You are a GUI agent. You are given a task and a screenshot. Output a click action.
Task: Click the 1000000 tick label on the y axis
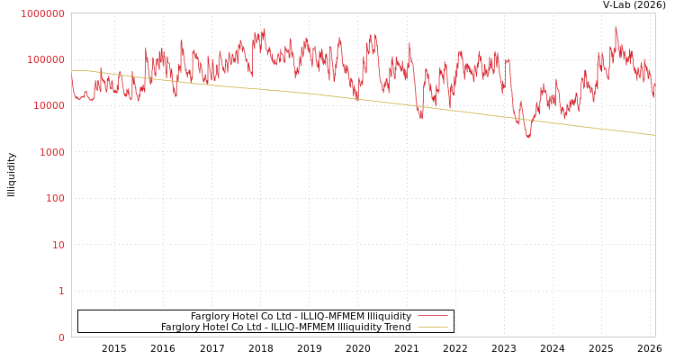(x=43, y=13)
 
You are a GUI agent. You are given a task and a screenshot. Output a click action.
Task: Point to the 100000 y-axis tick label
(x=46, y=59)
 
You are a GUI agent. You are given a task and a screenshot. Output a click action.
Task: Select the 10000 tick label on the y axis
(x=49, y=106)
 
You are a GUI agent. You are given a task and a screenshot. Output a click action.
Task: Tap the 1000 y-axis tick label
(x=51, y=152)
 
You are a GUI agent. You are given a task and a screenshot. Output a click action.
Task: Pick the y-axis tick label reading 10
(x=58, y=245)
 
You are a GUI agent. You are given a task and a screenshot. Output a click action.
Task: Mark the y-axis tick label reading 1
(x=61, y=291)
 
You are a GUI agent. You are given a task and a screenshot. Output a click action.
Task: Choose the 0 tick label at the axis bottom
(x=61, y=337)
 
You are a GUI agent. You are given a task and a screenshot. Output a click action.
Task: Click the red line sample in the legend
(x=432, y=317)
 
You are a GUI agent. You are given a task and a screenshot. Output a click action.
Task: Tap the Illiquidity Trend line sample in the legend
(x=432, y=328)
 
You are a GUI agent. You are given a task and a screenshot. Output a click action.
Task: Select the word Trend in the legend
(x=397, y=328)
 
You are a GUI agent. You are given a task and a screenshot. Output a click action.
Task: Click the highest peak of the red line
(x=616, y=27)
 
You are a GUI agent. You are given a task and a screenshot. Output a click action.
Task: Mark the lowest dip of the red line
(x=528, y=137)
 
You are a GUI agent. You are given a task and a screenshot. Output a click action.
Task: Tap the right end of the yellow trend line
(x=654, y=135)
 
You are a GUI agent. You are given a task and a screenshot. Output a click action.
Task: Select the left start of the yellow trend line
(x=72, y=70)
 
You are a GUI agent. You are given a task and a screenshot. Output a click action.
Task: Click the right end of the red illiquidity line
(x=654, y=94)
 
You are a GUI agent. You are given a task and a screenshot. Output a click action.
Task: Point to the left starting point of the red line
(x=72, y=76)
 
